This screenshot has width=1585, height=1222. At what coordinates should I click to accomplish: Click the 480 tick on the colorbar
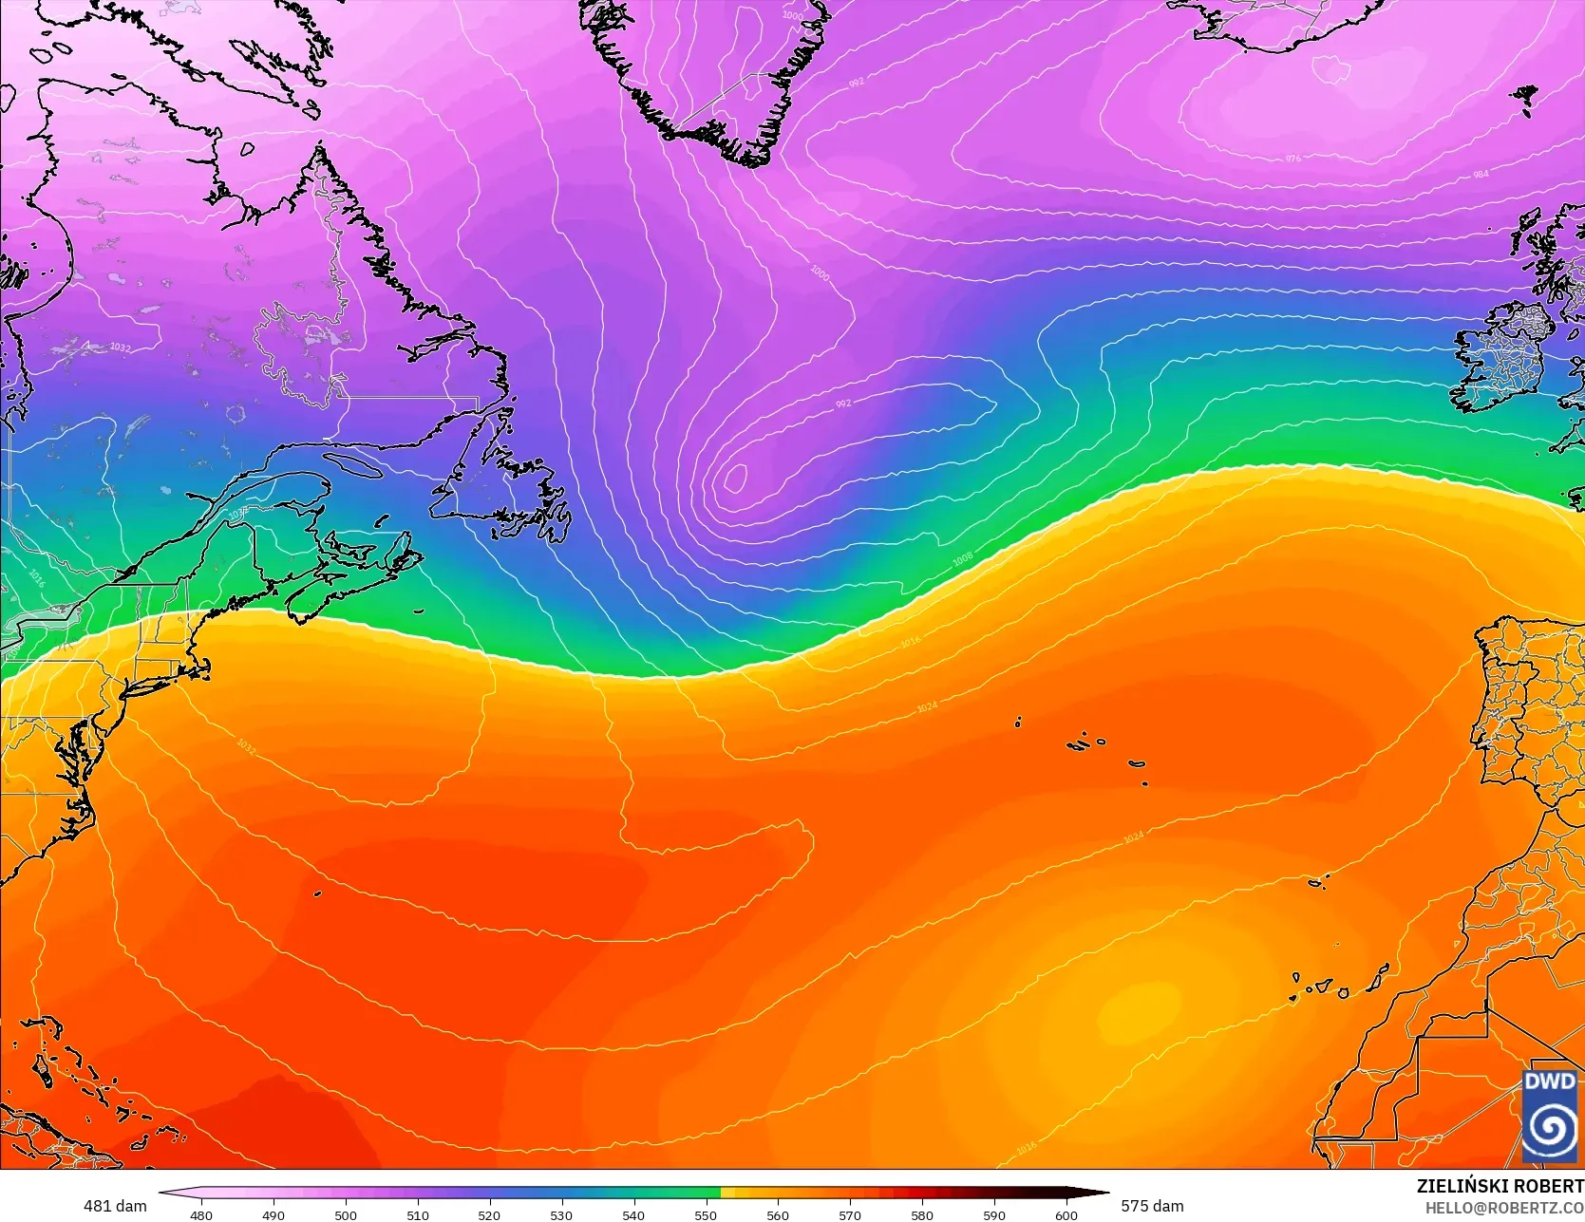(x=201, y=1214)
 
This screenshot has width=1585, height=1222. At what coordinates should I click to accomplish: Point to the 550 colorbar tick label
(x=706, y=1214)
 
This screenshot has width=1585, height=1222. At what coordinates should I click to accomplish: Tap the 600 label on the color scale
(x=1066, y=1214)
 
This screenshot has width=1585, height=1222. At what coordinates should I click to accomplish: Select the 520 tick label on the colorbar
(x=489, y=1214)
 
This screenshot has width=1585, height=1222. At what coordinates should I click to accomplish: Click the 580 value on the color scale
(x=921, y=1214)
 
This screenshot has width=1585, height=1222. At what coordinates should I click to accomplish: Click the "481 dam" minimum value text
(x=115, y=1206)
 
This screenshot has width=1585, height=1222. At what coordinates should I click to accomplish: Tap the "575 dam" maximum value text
(x=1152, y=1206)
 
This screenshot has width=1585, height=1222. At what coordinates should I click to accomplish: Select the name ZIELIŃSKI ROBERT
(x=1500, y=1186)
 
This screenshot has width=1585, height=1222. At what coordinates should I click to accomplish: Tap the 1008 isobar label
(x=962, y=560)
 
